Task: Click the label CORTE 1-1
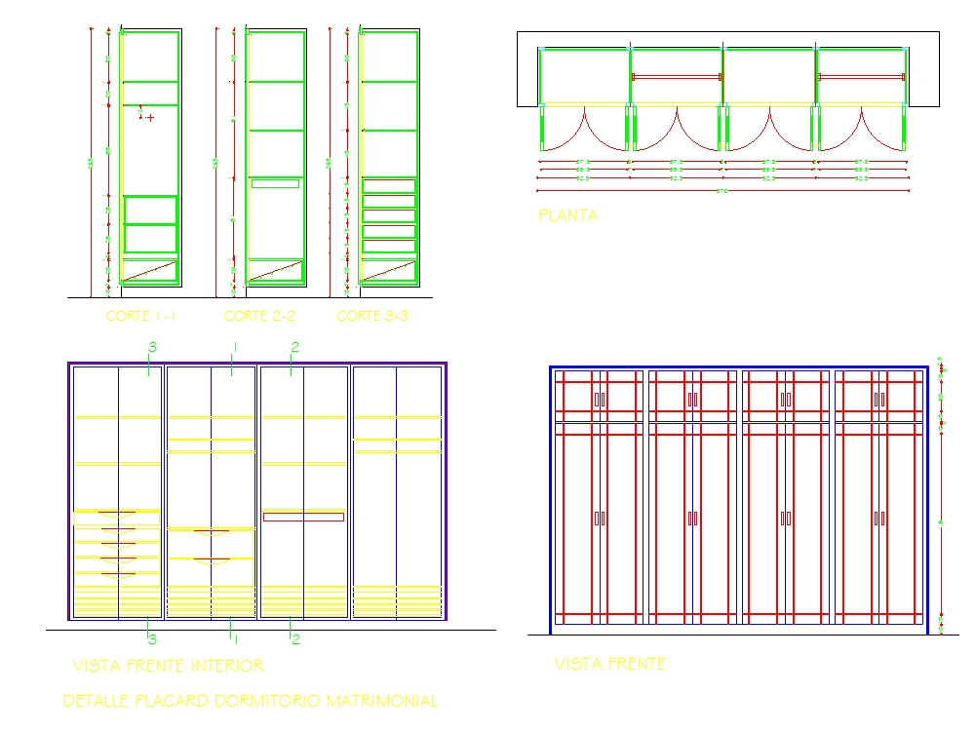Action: [140, 316]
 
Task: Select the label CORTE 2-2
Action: [258, 316]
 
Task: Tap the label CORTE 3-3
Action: [371, 316]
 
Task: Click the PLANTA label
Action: [567, 216]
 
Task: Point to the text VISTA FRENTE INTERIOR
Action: [168, 666]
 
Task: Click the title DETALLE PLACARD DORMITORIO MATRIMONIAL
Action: [250, 701]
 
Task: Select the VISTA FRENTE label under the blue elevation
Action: [609, 664]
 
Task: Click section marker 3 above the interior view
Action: [151, 347]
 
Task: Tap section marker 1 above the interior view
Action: [234, 347]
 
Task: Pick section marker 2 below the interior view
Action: [295, 639]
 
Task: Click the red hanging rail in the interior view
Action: [303, 517]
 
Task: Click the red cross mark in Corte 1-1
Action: [150, 117]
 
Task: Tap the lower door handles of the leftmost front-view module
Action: [599, 519]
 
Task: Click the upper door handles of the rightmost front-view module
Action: [878, 399]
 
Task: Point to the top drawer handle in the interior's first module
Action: [117, 514]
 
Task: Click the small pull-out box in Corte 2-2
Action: [275, 183]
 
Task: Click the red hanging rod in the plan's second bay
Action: [676, 76]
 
